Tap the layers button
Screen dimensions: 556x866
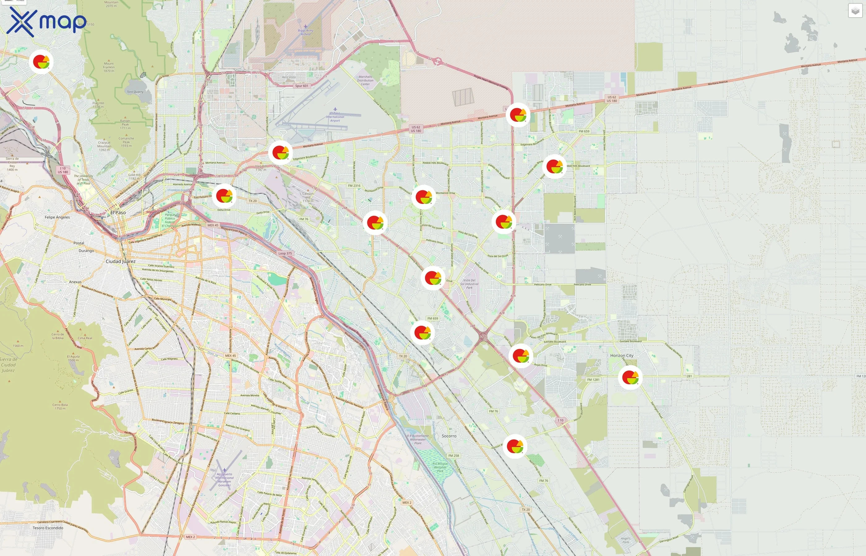855,11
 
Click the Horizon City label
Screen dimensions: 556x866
622,356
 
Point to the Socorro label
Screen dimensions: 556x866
449,436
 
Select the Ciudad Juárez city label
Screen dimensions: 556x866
121,261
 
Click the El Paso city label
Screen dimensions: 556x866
118,213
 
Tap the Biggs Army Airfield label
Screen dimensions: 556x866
306,32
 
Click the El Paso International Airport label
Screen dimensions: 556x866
335,117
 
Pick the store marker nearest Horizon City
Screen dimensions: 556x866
630,377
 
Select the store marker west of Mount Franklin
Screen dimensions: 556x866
41,62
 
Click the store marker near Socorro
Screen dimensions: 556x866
515,446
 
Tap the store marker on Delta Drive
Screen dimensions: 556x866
224,196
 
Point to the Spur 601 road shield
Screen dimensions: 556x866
302,86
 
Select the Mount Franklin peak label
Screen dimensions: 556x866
109,67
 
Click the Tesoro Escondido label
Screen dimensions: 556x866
48,528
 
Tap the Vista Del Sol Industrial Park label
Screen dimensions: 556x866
469,284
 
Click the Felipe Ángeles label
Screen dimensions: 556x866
57,217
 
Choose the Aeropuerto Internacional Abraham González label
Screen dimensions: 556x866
225,479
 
